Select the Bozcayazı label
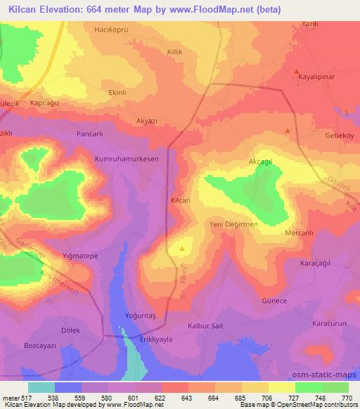[x=40, y=346]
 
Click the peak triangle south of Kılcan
[x=183, y=248]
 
